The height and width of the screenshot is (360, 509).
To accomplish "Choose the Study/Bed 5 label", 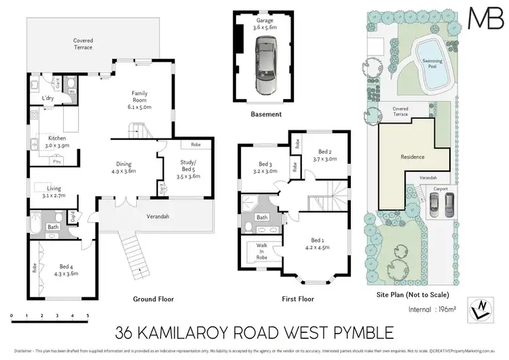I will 188,166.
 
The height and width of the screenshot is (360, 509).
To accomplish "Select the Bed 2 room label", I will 324,155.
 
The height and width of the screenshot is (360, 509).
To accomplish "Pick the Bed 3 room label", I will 265,168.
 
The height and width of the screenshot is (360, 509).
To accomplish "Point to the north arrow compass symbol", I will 480,310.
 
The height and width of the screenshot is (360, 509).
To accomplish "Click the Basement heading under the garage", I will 266,114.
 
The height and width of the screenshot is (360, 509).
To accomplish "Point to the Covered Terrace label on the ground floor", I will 83,45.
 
